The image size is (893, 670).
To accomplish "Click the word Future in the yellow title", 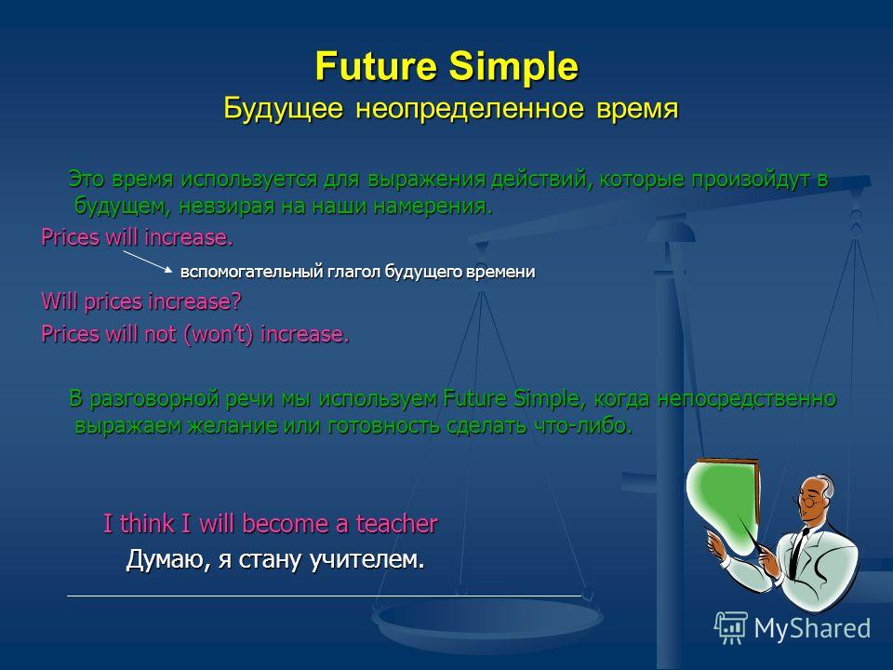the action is tap(376, 66).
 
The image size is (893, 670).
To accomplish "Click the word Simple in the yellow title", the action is tap(513, 68).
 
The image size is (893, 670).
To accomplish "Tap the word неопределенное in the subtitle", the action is tap(470, 108).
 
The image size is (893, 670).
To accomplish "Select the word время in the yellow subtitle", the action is tap(637, 108).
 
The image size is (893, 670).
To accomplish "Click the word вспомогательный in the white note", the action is tap(252, 271).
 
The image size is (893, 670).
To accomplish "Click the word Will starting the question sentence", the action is tap(60, 301).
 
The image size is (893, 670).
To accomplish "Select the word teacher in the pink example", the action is tap(397, 524).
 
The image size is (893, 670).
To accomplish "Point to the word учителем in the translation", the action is tap(367, 559).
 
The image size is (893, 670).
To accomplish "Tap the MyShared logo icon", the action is tap(731, 627).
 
